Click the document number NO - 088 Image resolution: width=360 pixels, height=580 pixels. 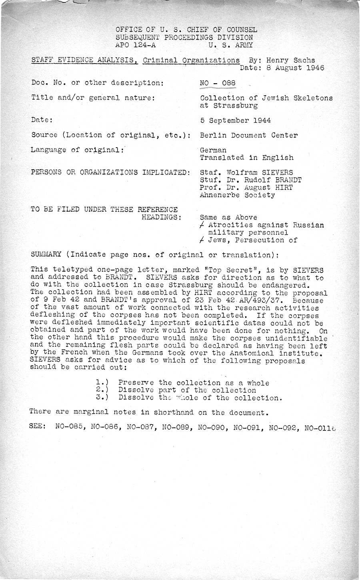pyautogui.click(x=218, y=83)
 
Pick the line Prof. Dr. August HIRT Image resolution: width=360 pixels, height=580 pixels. pyautogui.click(x=246, y=188)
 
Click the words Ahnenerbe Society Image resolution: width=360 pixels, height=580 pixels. pyautogui.click(x=237, y=195)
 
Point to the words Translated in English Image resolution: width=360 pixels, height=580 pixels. pyautogui.click(x=246, y=158)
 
